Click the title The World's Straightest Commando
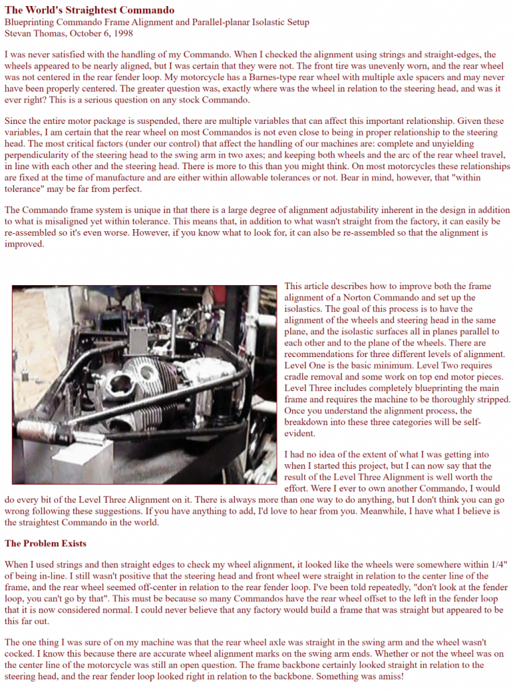(x=90, y=10)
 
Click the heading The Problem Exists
(x=45, y=543)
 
